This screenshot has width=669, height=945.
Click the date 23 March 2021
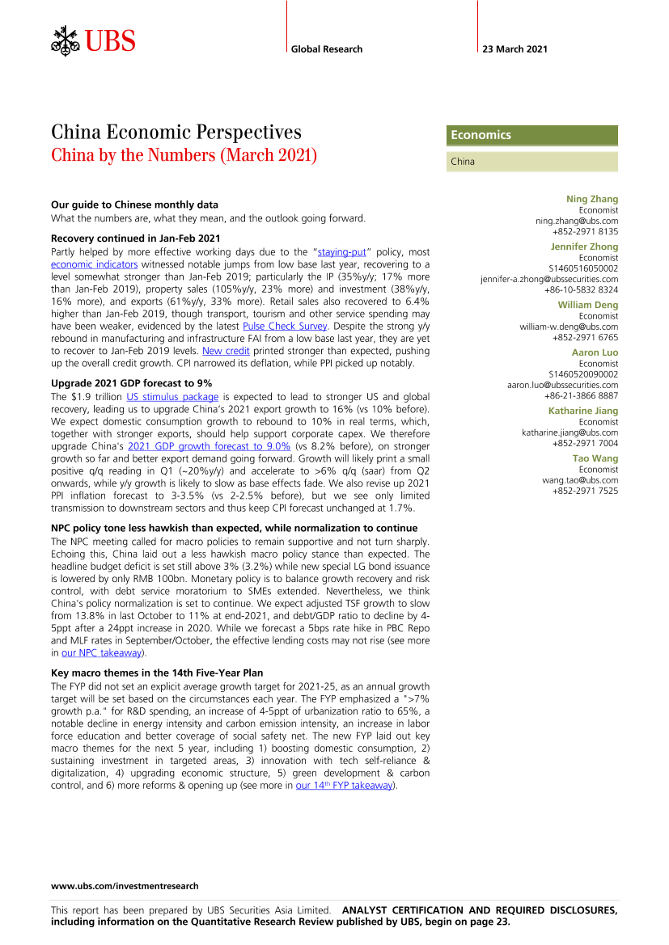coord(514,49)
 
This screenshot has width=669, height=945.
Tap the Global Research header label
coord(327,49)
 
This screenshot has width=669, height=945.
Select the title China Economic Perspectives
coord(176,133)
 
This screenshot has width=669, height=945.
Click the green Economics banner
coord(531,135)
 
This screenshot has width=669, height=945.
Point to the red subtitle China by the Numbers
coord(184,154)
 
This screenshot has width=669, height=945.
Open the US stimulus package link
coord(172,397)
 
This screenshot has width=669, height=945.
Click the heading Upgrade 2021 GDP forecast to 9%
coord(131,382)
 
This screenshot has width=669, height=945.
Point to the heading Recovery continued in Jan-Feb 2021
coord(135,238)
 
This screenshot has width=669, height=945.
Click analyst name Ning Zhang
coord(591,199)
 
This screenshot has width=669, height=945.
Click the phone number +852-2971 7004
coord(585,443)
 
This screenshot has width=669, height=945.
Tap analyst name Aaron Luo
coord(595,353)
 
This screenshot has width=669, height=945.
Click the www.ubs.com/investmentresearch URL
coord(125,886)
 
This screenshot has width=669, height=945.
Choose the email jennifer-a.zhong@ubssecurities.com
coord(549,279)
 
